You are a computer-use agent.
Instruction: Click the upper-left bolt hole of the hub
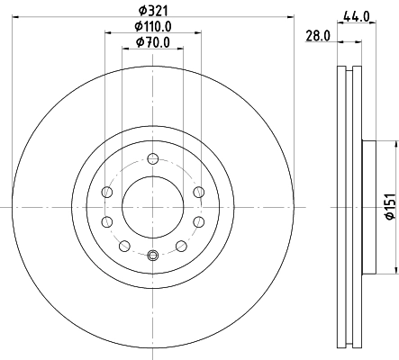(x=108, y=191)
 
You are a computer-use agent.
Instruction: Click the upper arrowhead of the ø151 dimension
(x=394, y=146)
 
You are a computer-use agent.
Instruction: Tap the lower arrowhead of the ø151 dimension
(x=394, y=269)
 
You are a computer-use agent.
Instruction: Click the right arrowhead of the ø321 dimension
(x=291, y=17)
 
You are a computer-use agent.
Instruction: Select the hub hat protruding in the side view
(x=368, y=207)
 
